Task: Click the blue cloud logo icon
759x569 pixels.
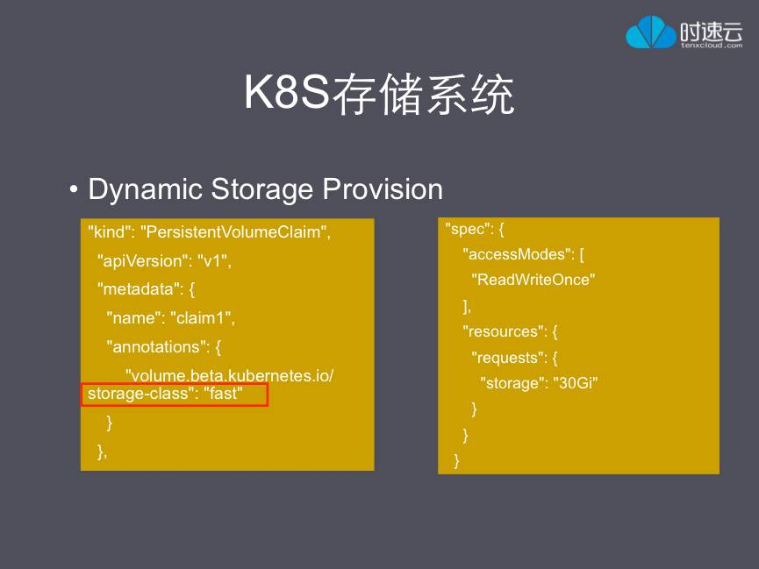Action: click(651, 32)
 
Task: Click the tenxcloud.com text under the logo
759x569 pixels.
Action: click(712, 46)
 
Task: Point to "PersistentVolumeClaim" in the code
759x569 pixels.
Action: click(235, 233)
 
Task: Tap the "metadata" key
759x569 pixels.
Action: click(138, 289)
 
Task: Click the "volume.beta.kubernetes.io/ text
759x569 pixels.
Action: click(229, 376)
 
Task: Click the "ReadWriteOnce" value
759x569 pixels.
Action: click(533, 281)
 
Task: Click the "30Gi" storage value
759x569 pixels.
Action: click(575, 383)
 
